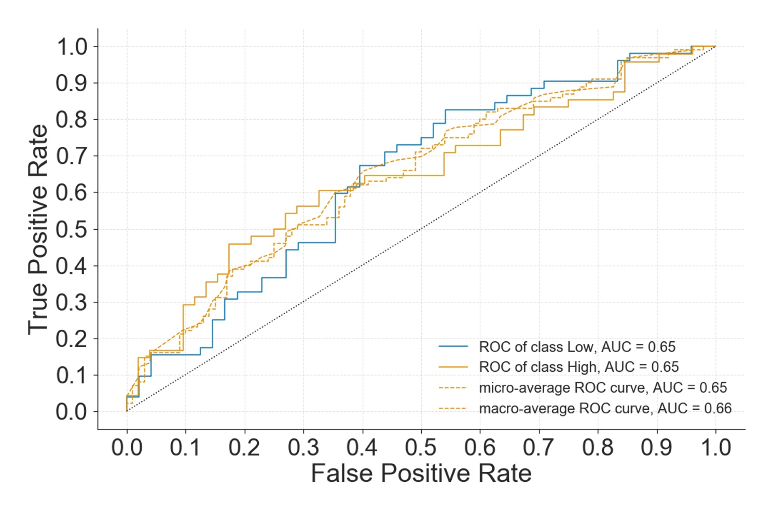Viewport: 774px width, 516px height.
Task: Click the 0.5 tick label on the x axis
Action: click(x=421, y=448)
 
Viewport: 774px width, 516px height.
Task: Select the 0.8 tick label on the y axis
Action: click(x=72, y=119)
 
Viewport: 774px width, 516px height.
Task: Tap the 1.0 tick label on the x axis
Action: click(x=716, y=448)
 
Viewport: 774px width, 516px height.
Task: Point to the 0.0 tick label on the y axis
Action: click(x=72, y=412)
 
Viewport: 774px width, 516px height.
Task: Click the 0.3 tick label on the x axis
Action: click(x=303, y=448)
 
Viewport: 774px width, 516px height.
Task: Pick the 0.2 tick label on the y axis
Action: click(x=72, y=339)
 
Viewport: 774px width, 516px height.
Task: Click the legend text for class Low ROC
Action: click(x=577, y=347)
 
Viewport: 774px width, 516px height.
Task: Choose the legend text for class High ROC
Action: click(x=578, y=367)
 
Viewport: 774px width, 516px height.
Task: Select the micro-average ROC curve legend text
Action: click(x=603, y=388)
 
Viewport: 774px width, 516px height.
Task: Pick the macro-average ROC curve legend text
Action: click(x=605, y=409)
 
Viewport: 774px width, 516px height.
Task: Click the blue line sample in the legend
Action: click(x=453, y=346)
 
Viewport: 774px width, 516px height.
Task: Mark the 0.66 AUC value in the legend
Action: click(x=717, y=409)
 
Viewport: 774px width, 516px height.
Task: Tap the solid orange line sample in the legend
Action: click(x=453, y=367)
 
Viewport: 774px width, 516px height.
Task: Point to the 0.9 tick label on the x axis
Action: click(x=657, y=448)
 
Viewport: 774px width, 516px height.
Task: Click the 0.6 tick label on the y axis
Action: click(x=72, y=192)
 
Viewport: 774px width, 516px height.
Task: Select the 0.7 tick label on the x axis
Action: click(x=539, y=448)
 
